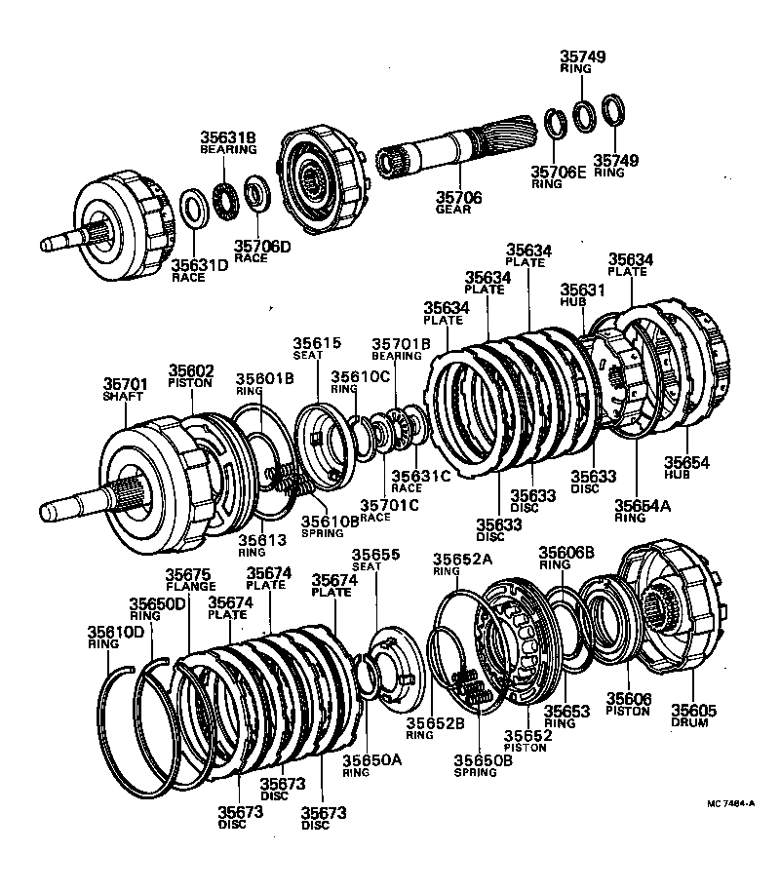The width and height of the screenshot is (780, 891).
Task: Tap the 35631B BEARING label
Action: pos(228,142)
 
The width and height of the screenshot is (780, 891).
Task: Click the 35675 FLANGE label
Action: pos(189,580)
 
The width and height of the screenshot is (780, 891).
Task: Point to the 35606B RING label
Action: pos(566,557)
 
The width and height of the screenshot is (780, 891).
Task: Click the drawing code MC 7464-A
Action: pos(731,804)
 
